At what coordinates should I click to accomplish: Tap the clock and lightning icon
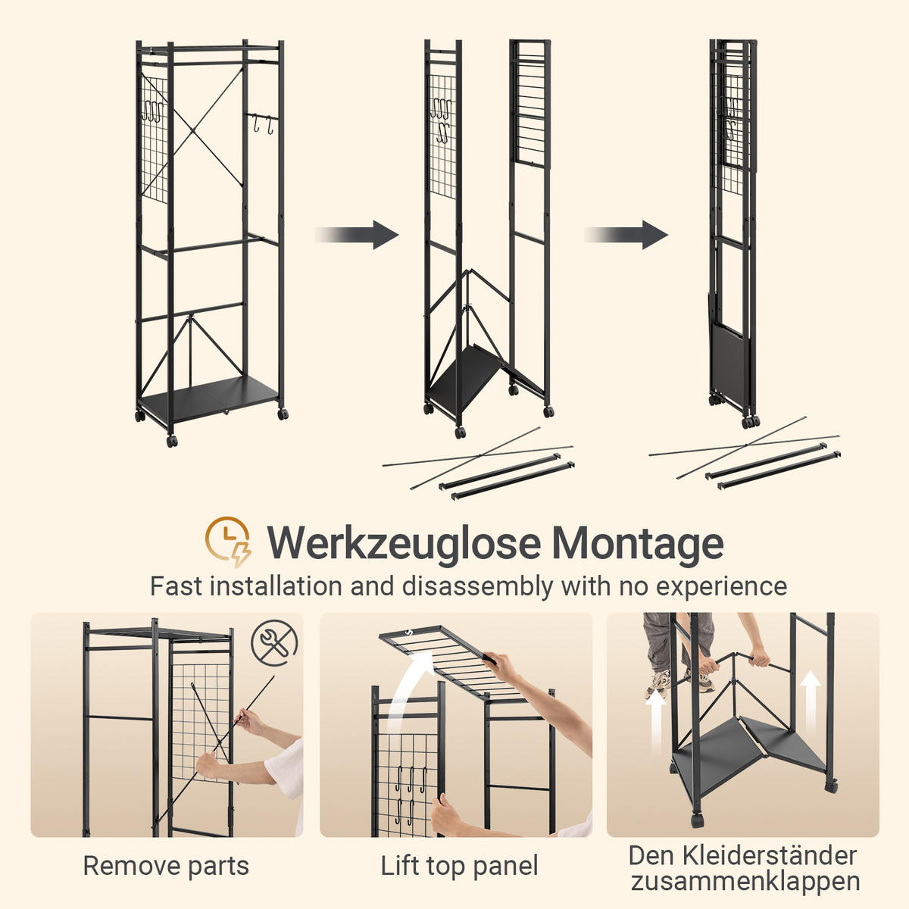coord(228,542)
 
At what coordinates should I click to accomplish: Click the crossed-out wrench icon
coord(274,643)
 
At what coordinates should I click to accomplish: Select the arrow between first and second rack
coord(357,234)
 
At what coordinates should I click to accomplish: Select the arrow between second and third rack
coord(626,234)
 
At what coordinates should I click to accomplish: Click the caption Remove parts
coord(166,866)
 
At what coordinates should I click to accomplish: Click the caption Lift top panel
coord(459,866)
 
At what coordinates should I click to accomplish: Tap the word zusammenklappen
coord(745,881)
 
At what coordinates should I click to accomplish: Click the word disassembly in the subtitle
coord(477,587)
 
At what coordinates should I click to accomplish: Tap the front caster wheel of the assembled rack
coord(172,442)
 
